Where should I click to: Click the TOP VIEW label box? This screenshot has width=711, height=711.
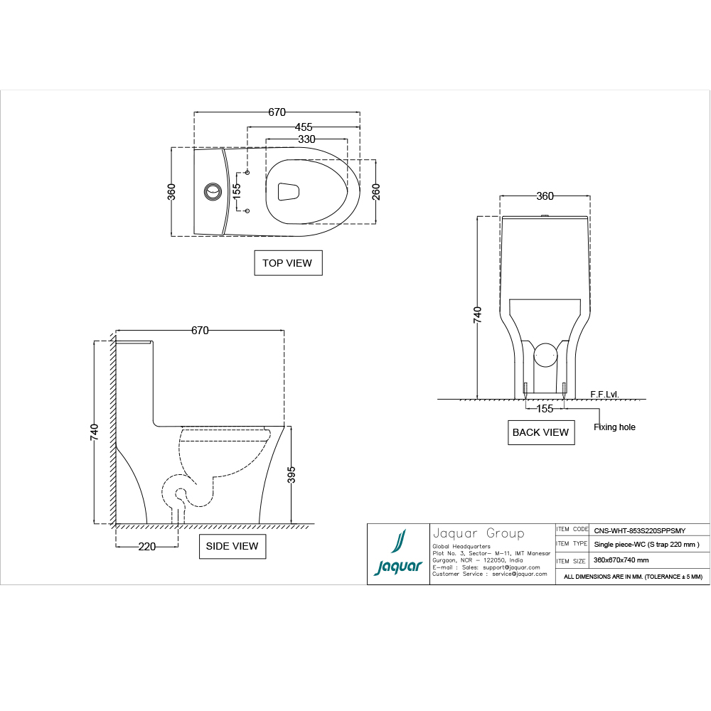pos(287,263)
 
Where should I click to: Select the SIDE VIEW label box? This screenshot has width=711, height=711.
pos(232,546)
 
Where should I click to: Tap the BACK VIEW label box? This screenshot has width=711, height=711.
pos(540,432)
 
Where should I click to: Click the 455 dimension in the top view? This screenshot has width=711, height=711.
pos(304,127)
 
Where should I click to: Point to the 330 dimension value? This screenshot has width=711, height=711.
pos(306,139)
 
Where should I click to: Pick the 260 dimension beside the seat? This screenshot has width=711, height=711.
pos(376,192)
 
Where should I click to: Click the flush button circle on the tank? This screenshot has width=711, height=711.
pos(213,191)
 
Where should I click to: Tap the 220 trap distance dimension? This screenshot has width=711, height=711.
pos(146,547)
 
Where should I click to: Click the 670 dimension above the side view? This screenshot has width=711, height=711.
pos(200,331)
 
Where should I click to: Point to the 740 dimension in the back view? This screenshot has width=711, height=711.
pos(478,315)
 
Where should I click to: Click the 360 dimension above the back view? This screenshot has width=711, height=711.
pos(545,196)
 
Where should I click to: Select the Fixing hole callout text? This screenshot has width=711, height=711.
pos(614,427)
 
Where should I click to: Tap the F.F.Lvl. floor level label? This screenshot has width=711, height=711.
pos(604,393)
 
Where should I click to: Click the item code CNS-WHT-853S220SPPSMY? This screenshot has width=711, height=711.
pos(639,530)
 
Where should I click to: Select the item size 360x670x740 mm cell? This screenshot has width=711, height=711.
pos(621,560)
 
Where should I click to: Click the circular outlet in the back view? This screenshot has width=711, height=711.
pos(545,354)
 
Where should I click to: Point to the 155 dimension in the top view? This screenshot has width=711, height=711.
pos(237,191)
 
